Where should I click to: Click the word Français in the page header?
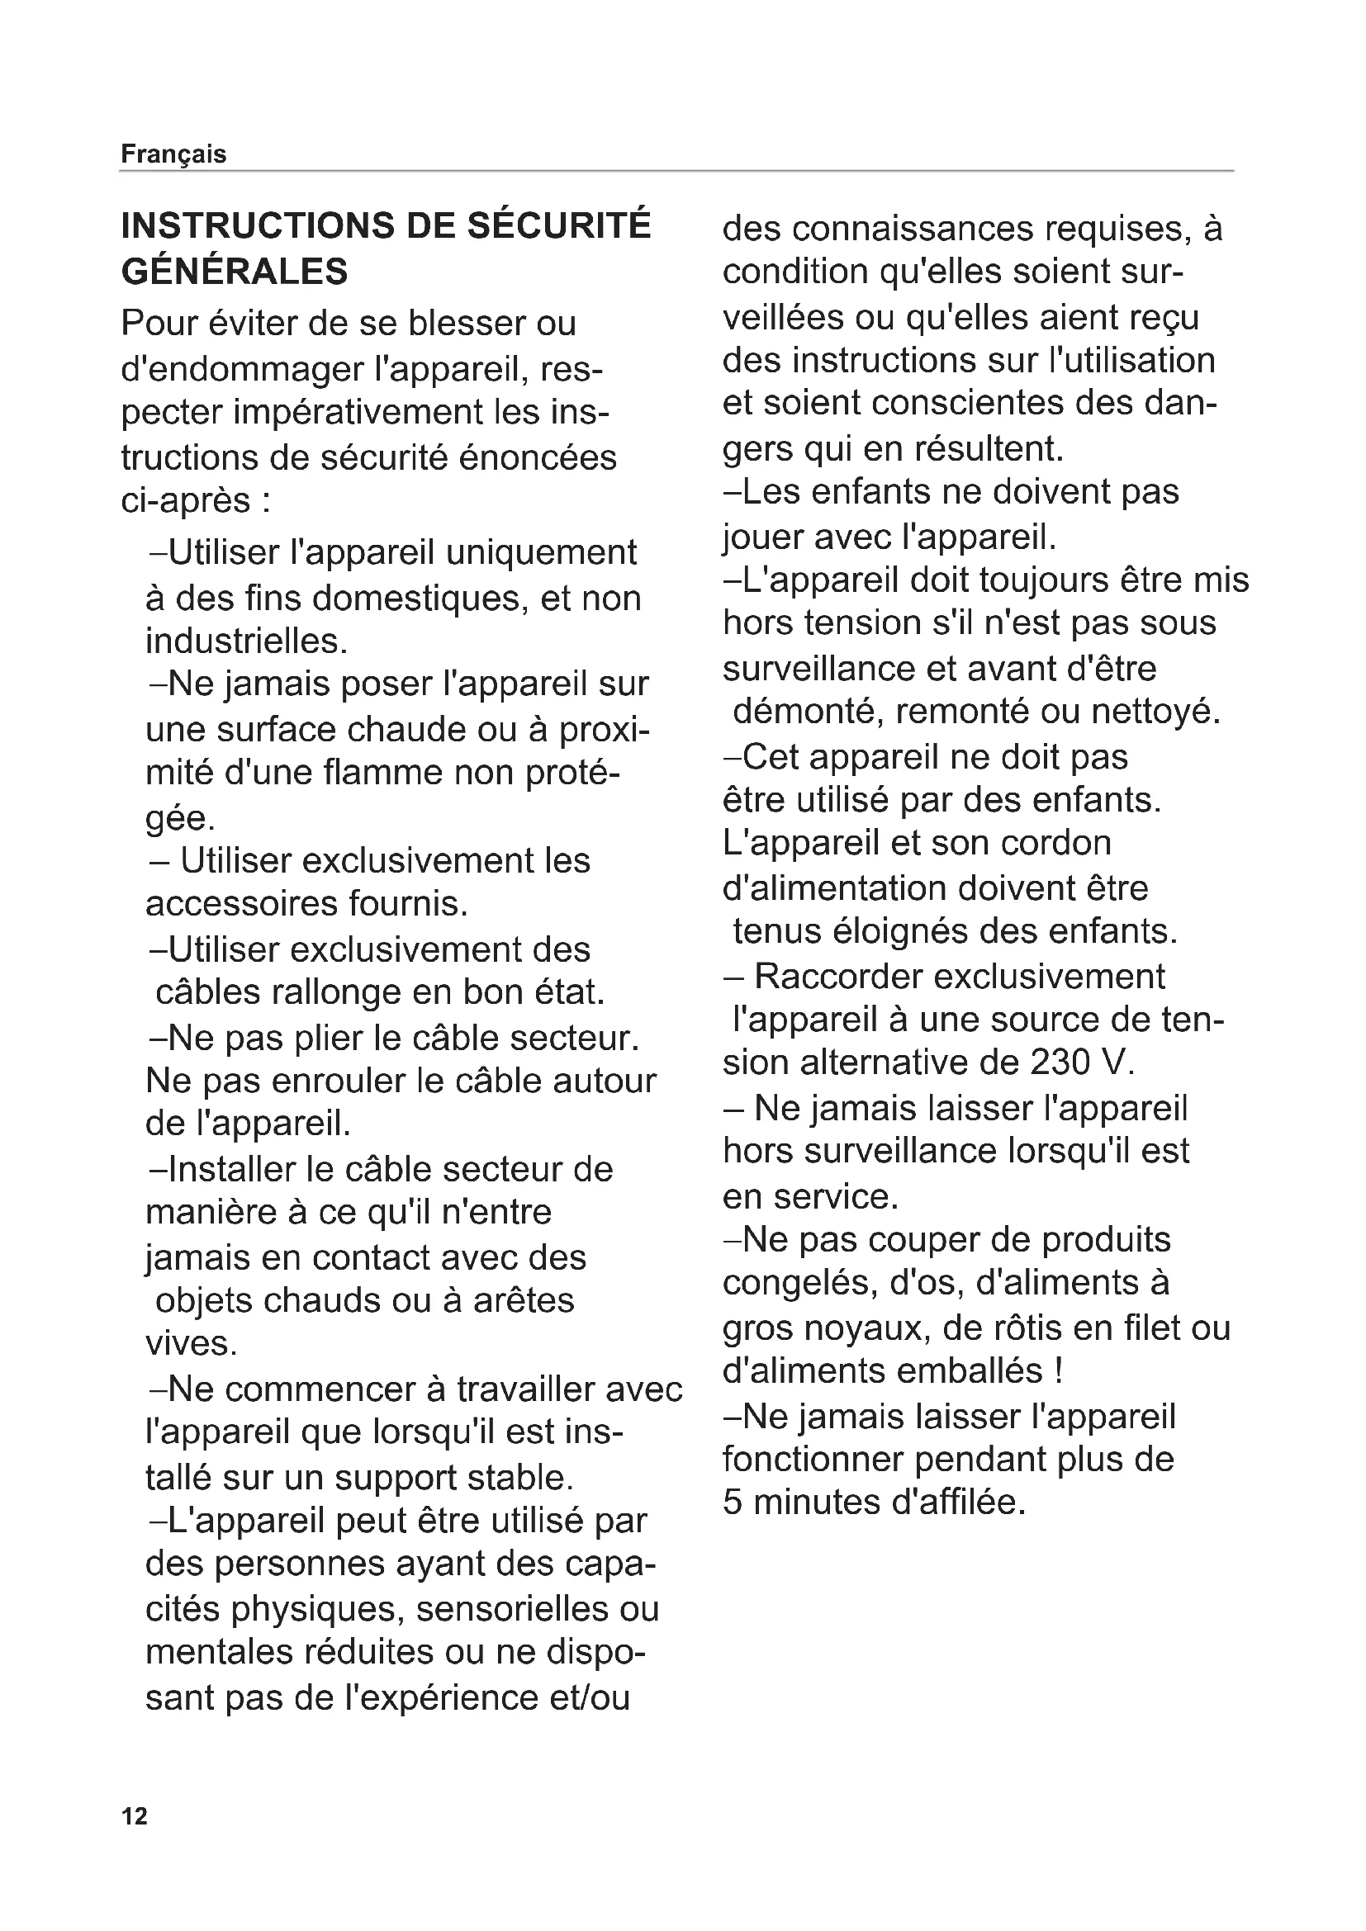pos(173,154)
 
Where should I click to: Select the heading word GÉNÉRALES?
pos(235,272)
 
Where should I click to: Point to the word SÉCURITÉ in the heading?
pos(558,226)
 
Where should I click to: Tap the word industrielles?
pos(245,641)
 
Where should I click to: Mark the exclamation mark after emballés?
pos(1057,1371)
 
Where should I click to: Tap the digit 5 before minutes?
pos(732,1503)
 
